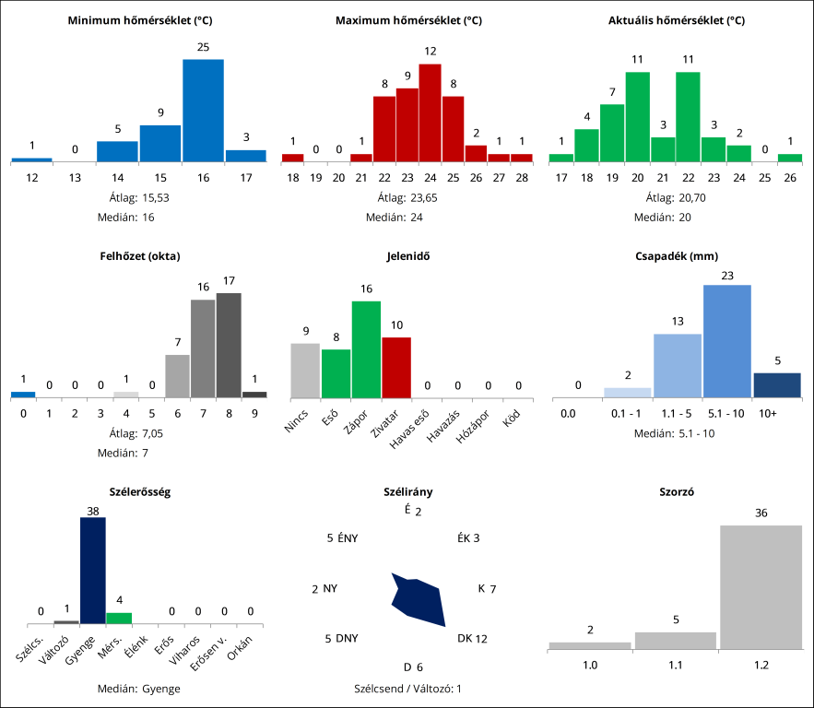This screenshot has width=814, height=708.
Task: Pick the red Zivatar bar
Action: tap(396, 367)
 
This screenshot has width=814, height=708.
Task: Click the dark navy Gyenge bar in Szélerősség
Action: tap(92, 571)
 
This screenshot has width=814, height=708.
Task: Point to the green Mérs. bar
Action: tap(119, 618)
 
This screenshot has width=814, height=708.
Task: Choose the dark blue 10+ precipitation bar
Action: tap(777, 385)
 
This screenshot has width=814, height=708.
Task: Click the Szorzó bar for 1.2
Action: tap(761, 587)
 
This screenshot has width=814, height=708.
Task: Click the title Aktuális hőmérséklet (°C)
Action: tap(677, 20)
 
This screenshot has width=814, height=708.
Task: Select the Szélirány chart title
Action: tap(407, 492)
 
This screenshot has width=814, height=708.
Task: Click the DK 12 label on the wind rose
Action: tap(472, 638)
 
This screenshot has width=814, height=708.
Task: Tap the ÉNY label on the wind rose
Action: tap(348, 538)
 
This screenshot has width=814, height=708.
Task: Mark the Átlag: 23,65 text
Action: tap(407, 197)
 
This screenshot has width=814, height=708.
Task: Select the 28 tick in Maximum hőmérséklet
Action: tap(522, 178)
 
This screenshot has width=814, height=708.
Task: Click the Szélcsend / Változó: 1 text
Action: tap(407, 689)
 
